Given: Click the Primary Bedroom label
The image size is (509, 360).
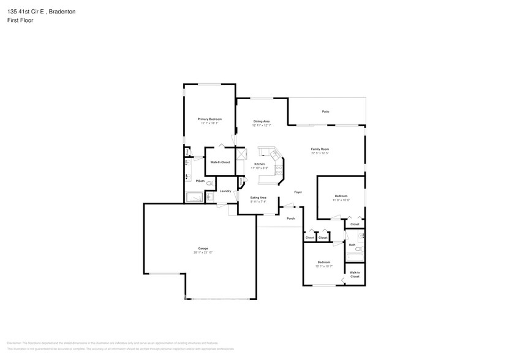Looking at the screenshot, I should [x=209, y=119].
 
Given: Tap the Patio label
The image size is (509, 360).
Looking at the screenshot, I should [x=326, y=111].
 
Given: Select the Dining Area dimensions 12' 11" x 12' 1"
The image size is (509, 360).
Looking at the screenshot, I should [x=262, y=126].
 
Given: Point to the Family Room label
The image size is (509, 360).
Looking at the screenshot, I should [x=320, y=149].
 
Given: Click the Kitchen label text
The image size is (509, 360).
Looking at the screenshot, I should [x=260, y=164].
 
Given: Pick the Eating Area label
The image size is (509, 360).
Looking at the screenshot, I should [x=258, y=197].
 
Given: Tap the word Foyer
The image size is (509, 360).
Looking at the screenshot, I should [x=298, y=192].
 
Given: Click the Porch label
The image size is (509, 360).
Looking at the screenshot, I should [x=291, y=219].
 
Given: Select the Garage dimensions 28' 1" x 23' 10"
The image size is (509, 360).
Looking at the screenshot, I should [x=203, y=252].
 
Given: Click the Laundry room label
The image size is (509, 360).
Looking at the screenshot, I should [x=225, y=191].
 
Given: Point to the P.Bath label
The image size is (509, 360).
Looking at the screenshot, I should [x=200, y=181].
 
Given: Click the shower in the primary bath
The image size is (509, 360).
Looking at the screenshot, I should [x=195, y=197].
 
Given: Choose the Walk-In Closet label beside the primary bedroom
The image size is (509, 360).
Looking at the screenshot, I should [x=220, y=162].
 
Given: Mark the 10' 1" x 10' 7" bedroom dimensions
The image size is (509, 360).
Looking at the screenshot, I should [x=324, y=266].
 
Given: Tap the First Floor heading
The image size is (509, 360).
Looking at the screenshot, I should [x=20, y=20].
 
